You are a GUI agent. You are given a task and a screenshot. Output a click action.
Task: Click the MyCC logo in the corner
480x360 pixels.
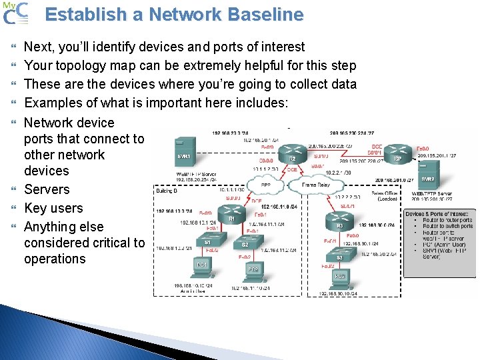[16, 13]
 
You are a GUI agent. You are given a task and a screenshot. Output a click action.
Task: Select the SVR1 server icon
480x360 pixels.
[184, 153]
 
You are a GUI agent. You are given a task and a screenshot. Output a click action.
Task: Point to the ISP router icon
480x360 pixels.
[397, 153]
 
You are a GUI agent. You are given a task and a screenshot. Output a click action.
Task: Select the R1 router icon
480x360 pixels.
[232, 211]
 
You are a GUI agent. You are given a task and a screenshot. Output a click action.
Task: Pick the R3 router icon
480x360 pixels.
[339, 220]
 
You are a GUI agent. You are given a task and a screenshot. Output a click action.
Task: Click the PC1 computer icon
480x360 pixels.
[201, 267]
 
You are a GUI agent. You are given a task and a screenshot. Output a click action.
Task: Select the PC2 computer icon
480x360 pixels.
[253, 271]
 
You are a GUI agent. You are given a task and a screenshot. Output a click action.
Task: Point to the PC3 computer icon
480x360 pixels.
[340, 277]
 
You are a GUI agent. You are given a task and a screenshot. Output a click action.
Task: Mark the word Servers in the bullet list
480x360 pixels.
[47, 189]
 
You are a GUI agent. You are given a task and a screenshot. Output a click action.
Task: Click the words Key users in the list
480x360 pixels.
[53, 208]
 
